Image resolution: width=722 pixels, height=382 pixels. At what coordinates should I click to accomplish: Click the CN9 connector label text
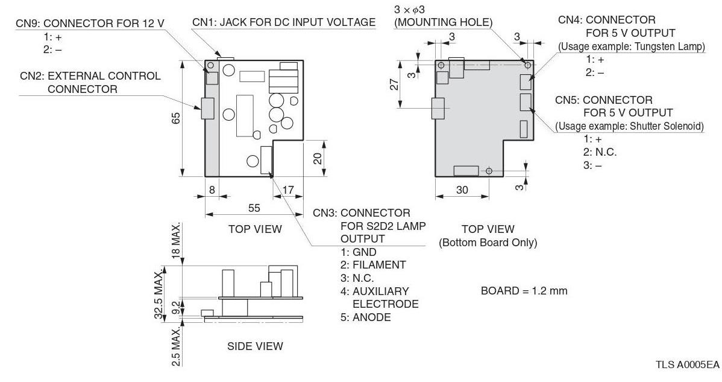tap(90, 24)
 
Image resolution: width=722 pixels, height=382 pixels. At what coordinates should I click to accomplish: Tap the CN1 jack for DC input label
tap(284, 22)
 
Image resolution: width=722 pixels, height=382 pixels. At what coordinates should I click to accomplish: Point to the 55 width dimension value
tap(254, 207)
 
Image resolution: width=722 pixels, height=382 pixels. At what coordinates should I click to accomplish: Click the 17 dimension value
tap(287, 190)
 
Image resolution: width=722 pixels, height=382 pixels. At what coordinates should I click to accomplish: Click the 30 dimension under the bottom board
tap(462, 190)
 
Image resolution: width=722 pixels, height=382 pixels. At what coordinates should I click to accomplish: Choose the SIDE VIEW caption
tap(255, 346)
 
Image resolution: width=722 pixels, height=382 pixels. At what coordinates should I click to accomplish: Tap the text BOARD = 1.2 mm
tap(524, 291)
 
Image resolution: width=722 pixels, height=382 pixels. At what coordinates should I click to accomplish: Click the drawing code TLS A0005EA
tap(687, 365)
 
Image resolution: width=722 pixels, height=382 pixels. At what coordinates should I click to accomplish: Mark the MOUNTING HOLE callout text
tap(443, 22)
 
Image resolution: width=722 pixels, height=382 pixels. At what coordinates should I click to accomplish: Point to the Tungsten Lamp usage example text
tap(631, 46)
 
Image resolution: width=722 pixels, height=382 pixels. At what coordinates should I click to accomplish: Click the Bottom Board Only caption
tap(488, 243)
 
